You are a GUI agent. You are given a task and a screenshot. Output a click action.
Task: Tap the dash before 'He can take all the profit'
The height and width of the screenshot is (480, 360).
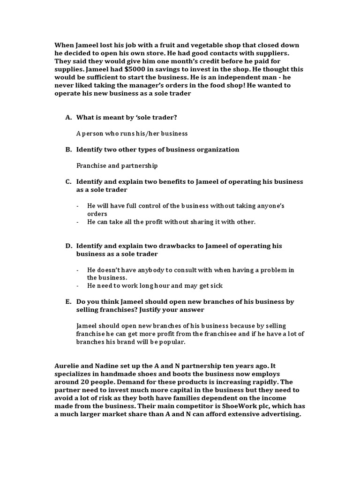click(78, 222)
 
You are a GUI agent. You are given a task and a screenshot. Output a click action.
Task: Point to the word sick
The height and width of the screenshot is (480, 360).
click(216, 285)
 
